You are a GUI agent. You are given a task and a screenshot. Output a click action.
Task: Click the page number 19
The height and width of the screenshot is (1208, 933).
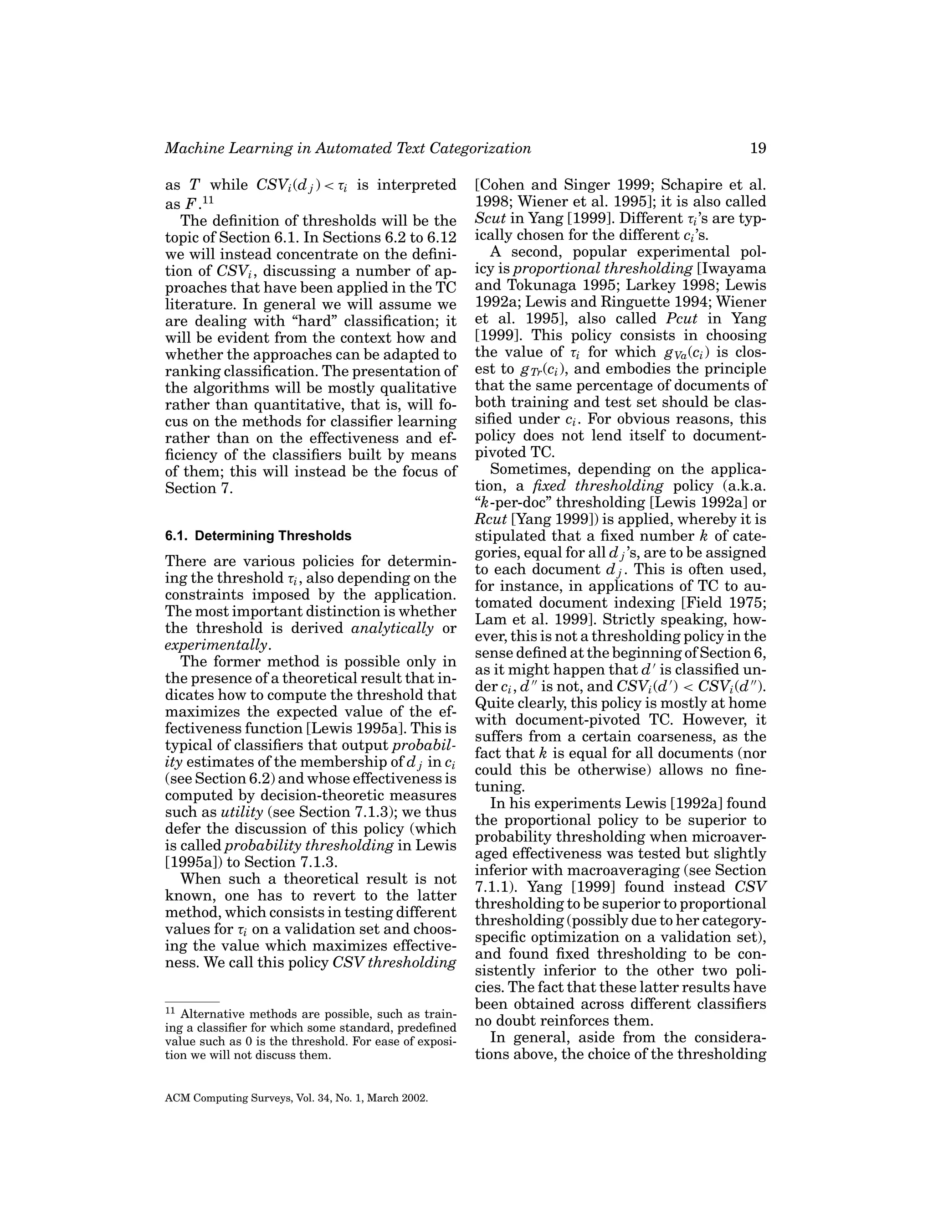pos(758,148)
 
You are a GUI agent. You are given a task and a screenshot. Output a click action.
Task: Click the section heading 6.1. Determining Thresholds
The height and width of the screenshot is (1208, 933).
pos(258,536)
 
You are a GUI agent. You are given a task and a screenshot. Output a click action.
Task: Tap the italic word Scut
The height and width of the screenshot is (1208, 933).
pos(487,218)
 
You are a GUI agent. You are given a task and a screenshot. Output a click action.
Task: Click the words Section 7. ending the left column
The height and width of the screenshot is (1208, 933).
pos(199,488)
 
